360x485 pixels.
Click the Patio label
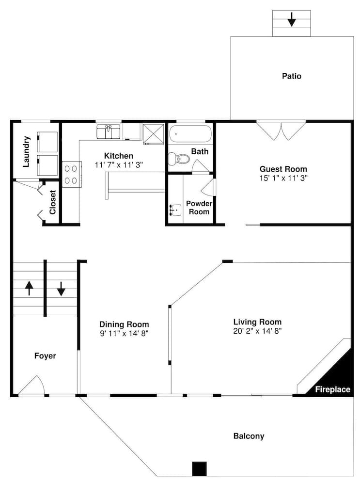[x=291, y=76]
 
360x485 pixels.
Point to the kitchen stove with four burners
[x=72, y=174]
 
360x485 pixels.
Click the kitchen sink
[x=108, y=131]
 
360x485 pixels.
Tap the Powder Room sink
[x=175, y=210]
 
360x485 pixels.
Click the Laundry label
[x=27, y=151]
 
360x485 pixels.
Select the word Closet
[x=52, y=202]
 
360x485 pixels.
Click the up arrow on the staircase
[x=29, y=288]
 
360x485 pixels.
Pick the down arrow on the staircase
[x=61, y=289]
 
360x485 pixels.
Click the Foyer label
[x=45, y=356]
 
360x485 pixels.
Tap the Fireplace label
[x=332, y=389]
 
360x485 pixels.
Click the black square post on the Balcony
[x=199, y=469]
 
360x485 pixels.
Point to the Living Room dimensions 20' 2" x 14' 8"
[x=257, y=331]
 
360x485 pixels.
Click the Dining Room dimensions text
[x=124, y=334]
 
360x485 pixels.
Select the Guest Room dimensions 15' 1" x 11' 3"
[x=283, y=178]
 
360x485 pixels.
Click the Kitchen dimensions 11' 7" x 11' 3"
[x=119, y=165]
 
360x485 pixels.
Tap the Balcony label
[x=249, y=436]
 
